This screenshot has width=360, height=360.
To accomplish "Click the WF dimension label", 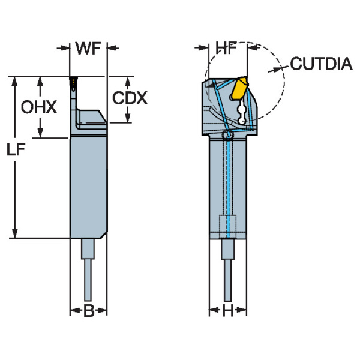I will click(88, 49).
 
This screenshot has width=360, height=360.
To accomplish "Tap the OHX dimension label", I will click(39, 107).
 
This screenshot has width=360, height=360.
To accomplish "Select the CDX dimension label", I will click(130, 98).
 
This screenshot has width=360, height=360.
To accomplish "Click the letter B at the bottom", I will click(88, 311).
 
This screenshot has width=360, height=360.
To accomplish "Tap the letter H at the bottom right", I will click(227, 311).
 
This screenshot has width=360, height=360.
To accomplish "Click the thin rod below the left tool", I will click(88, 279).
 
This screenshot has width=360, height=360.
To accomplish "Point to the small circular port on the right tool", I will click(227, 137).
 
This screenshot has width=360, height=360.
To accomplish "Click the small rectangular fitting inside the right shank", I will click(227, 226).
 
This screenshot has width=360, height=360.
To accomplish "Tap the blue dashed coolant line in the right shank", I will click(227, 180).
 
